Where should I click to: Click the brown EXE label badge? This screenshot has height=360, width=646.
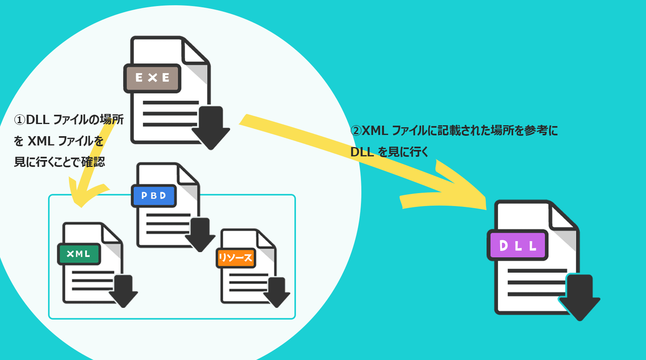(x=152, y=78)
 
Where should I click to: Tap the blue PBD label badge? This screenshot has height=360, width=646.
(x=154, y=196)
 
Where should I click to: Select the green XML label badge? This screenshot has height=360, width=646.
(x=79, y=254)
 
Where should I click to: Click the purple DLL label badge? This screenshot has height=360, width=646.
(x=518, y=245)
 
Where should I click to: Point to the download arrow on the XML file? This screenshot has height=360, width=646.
(x=123, y=291)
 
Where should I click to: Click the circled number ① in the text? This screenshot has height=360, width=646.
(x=19, y=120)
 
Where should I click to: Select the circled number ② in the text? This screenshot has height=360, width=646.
(x=356, y=131)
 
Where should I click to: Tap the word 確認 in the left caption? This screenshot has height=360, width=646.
(x=93, y=162)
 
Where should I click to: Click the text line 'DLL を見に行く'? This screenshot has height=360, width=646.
(x=389, y=152)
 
